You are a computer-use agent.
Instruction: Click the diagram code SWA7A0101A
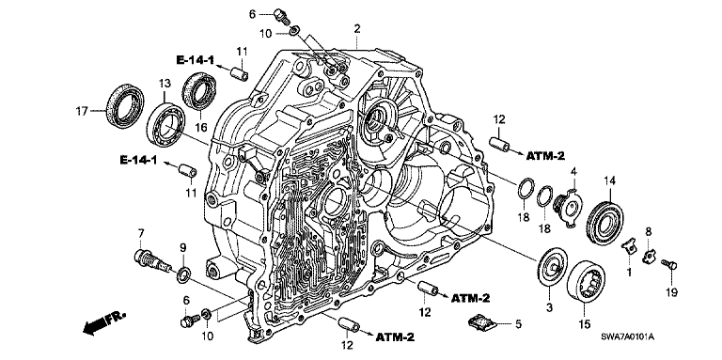click(x=626, y=337)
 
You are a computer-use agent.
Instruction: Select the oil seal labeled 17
click(x=125, y=106)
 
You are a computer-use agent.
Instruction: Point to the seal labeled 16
click(x=199, y=91)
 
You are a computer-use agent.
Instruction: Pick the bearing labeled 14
click(x=605, y=223)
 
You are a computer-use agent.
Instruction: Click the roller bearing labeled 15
click(x=585, y=281)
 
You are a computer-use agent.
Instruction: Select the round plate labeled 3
click(x=552, y=268)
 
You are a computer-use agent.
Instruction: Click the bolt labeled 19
click(x=669, y=264)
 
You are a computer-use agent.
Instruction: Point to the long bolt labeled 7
click(x=152, y=259)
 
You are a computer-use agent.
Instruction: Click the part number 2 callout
click(x=357, y=28)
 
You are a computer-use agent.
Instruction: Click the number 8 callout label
click(x=648, y=232)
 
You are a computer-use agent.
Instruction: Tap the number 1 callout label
click(x=629, y=272)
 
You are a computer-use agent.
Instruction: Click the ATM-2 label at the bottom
click(x=395, y=337)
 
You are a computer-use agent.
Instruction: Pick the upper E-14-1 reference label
click(x=196, y=59)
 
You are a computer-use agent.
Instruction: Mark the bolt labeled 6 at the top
click(x=280, y=16)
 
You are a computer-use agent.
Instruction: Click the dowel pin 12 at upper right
click(x=499, y=144)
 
